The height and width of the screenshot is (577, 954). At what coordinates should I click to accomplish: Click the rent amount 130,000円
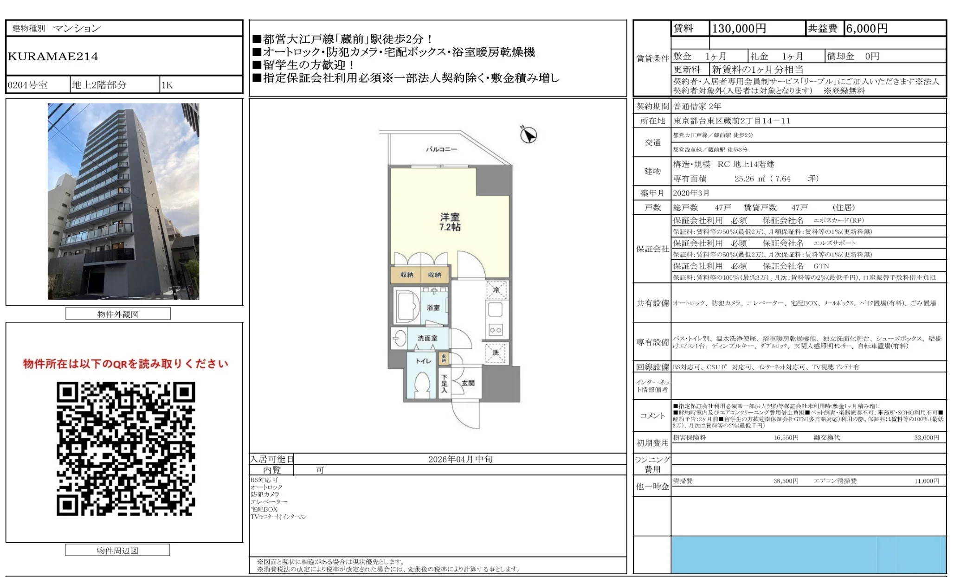(x=739, y=29)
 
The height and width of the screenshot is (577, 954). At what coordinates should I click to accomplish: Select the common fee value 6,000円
(x=866, y=29)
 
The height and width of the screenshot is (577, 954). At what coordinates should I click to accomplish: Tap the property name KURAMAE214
(x=53, y=57)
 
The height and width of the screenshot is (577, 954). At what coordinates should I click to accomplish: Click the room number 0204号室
(x=28, y=85)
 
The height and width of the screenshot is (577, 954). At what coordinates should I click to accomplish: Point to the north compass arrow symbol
(x=528, y=135)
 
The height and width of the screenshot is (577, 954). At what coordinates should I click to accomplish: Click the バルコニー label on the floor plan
(x=441, y=149)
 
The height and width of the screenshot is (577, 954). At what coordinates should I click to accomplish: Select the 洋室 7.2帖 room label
(x=450, y=222)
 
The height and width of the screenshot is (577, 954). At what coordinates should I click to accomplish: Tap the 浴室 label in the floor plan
(x=433, y=308)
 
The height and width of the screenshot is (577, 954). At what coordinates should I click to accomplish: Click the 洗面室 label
(x=427, y=338)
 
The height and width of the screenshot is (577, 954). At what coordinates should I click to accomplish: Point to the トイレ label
(x=423, y=361)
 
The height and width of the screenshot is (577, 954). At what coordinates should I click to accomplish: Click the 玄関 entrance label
(x=468, y=383)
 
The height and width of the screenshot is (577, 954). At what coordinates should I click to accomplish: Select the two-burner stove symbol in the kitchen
(x=495, y=330)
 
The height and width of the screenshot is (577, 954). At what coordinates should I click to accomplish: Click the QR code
(x=126, y=449)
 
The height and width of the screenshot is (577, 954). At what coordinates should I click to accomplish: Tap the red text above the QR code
(x=126, y=364)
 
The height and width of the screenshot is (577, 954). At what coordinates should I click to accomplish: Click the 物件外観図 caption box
(x=118, y=314)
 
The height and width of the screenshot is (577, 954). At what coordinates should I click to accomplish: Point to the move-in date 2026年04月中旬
(x=460, y=459)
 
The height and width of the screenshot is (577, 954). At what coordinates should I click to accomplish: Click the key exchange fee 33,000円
(x=926, y=437)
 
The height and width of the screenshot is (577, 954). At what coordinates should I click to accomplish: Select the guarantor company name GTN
(x=821, y=266)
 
